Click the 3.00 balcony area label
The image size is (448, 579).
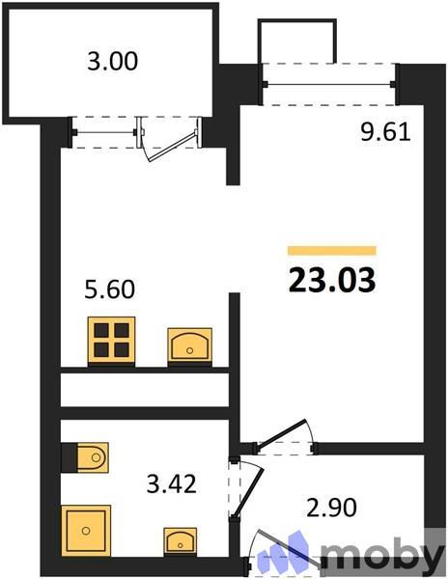pyautogui.click(x=112, y=62)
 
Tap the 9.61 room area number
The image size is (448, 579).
pyautogui.click(x=386, y=133)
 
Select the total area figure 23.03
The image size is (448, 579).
pyautogui.click(x=331, y=280)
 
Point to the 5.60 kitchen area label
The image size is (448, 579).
pyautogui.click(x=108, y=289)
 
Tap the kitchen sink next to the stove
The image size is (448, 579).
pyautogui.click(x=190, y=345)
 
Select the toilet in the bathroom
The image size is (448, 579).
pyautogui.click(x=87, y=456)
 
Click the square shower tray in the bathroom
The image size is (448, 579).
pyautogui.click(x=88, y=531)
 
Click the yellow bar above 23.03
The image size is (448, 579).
pyautogui.click(x=331, y=251)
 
